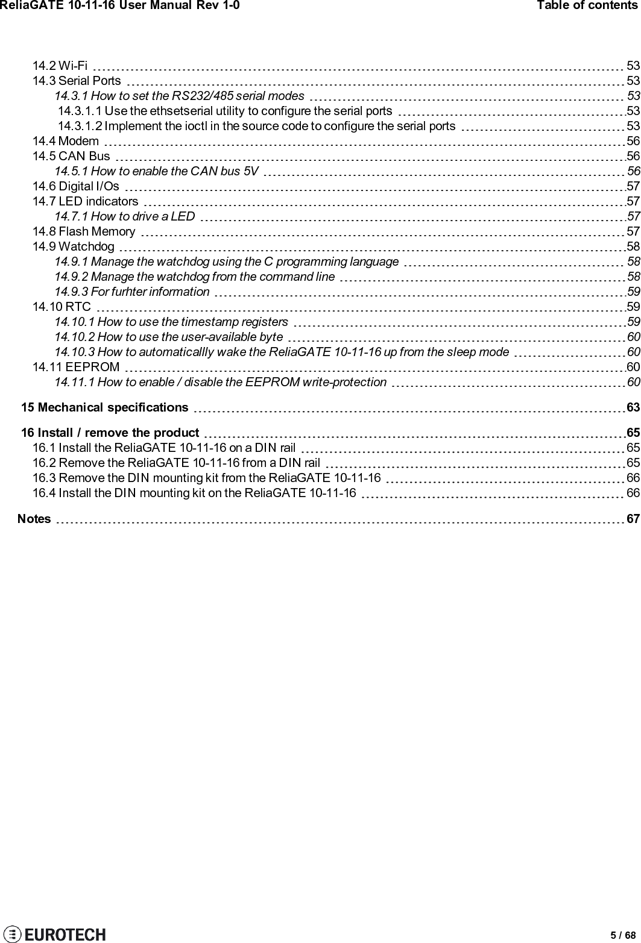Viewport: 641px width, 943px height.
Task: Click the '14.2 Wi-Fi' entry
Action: coord(59,66)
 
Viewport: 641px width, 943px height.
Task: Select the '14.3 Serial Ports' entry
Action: coord(77,81)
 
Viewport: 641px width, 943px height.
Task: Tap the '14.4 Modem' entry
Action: coord(66,141)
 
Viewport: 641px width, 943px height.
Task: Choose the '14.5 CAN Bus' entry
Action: coord(71,156)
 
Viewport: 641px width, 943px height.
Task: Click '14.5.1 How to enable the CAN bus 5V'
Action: coord(157,171)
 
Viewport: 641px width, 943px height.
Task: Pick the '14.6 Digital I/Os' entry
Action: coord(76,186)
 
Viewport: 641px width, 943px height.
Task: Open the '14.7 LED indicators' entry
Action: coord(85,201)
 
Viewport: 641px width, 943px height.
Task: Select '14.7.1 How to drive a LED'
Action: coord(125,216)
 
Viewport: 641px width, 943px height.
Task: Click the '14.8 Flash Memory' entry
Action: coord(84,231)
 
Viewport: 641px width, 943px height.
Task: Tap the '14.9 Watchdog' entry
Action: coord(74,246)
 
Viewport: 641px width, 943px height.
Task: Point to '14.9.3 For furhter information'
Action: coord(132,292)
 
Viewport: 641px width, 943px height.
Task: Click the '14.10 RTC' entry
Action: coord(62,307)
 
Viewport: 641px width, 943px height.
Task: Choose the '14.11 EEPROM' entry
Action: coord(76,367)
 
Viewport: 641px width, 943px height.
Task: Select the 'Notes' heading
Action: coord(34,502)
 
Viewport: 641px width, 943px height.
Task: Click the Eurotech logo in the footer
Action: coord(54,934)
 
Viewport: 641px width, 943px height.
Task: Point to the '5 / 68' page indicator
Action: coord(623,935)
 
